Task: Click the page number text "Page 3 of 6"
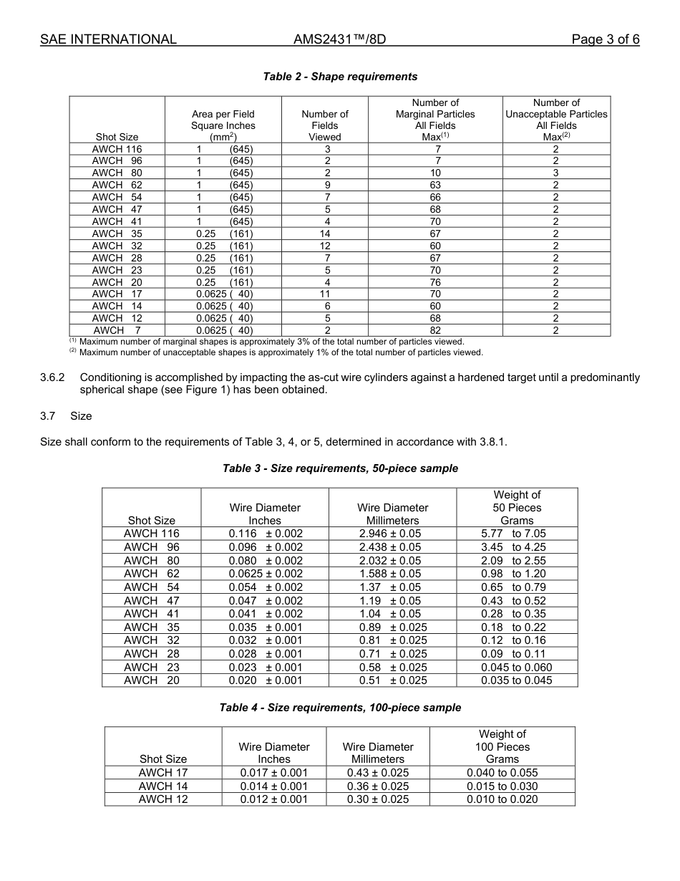pyautogui.click(x=605, y=39)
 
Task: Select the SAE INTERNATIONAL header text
pyautogui.click(x=108, y=39)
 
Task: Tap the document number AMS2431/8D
pyautogui.click(x=339, y=39)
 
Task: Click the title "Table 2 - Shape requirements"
pyautogui.click(x=340, y=77)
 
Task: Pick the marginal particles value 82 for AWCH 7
pyautogui.click(x=435, y=330)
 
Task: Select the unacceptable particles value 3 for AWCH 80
pyautogui.click(x=556, y=173)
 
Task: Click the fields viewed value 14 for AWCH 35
pyautogui.click(x=325, y=234)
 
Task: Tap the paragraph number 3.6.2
pyautogui.click(x=53, y=377)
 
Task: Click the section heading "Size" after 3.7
pyautogui.click(x=81, y=416)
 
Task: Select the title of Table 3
pyautogui.click(x=340, y=468)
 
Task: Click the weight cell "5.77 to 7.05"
pyautogui.click(x=513, y=534)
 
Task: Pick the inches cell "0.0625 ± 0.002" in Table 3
pyautogui.click(x=266, y=574)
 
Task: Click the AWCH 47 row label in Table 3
pyautogui.click(x=152, y=601)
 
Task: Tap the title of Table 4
pyautogui.click(x=340, y=708)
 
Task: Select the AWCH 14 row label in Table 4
pyautogui.click(x=163, y=786)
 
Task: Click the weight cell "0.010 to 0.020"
pyautogui.click(x=502, y=799)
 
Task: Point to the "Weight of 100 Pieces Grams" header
pyautogui.click(x=502, y=746)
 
